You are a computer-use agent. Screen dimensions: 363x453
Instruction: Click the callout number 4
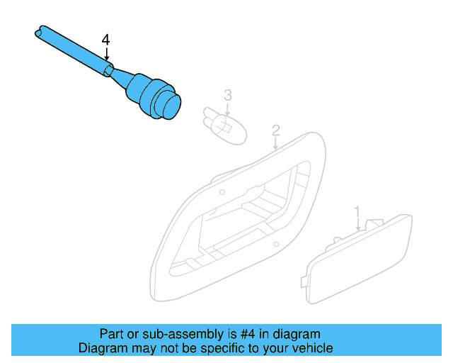(105, 40)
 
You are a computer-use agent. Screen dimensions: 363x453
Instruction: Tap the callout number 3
(228, 94)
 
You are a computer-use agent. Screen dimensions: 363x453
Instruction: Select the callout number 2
(275, 130)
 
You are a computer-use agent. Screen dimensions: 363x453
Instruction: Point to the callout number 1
(358, 211)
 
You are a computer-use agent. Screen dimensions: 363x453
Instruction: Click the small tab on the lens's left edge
(304, 282)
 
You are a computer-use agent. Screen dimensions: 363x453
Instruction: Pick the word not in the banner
(168, 348)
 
